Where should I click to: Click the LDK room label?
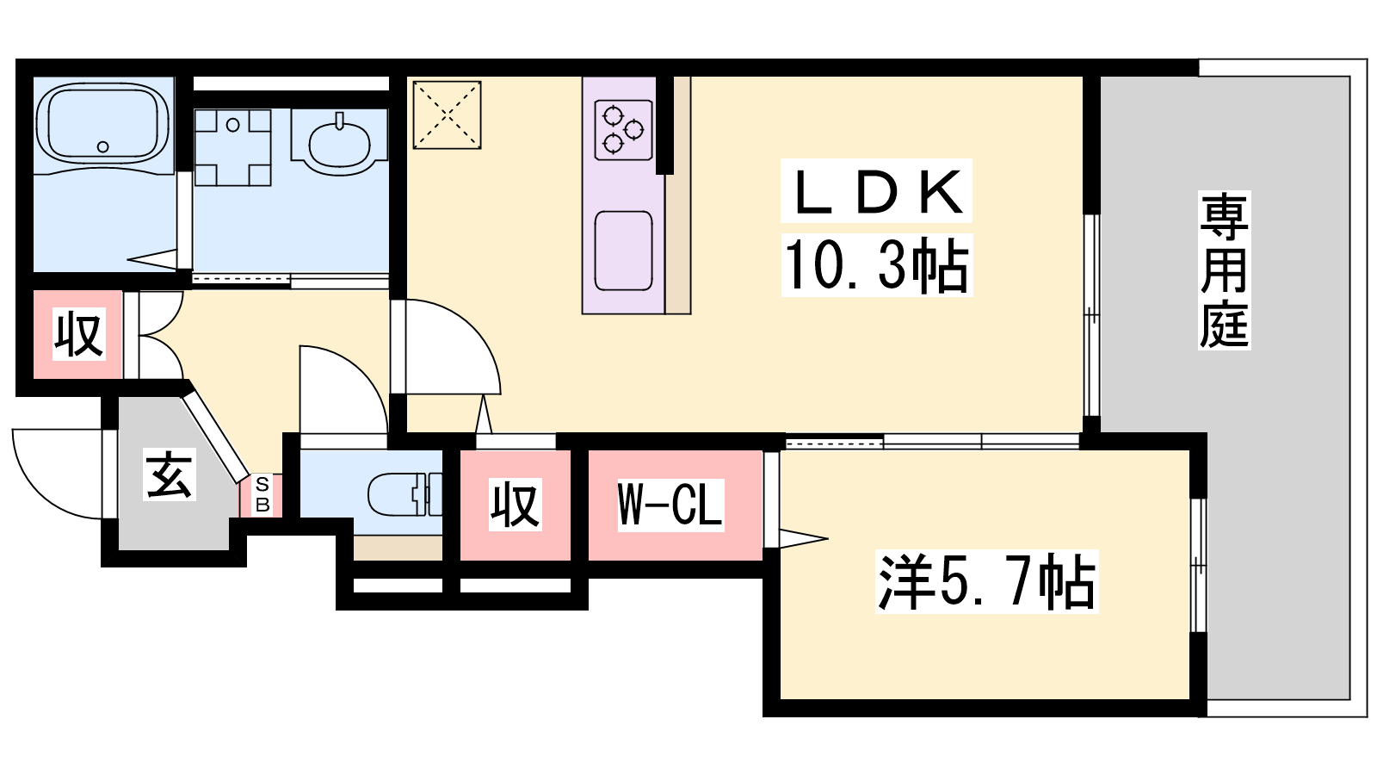tap(877, 191)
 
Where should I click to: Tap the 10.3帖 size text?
tap(877, 265)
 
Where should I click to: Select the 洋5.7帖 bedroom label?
tap(986, 582)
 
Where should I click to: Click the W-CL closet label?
tap(670, 505)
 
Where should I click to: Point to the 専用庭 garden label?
tap(1224, 270)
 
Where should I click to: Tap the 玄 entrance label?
tap(169, 474)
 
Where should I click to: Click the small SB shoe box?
tap(262, 494)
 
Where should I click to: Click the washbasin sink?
tap(339, 143)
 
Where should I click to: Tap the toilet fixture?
tap(404, 494)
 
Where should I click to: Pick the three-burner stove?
tap(623, 130)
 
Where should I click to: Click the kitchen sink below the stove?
tap(623, 251)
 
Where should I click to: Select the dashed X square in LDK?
tap(447, 115)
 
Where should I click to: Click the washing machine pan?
tap(232, 147)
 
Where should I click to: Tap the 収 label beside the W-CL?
tap(516, 505)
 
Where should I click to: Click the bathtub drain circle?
tap(102, 147)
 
